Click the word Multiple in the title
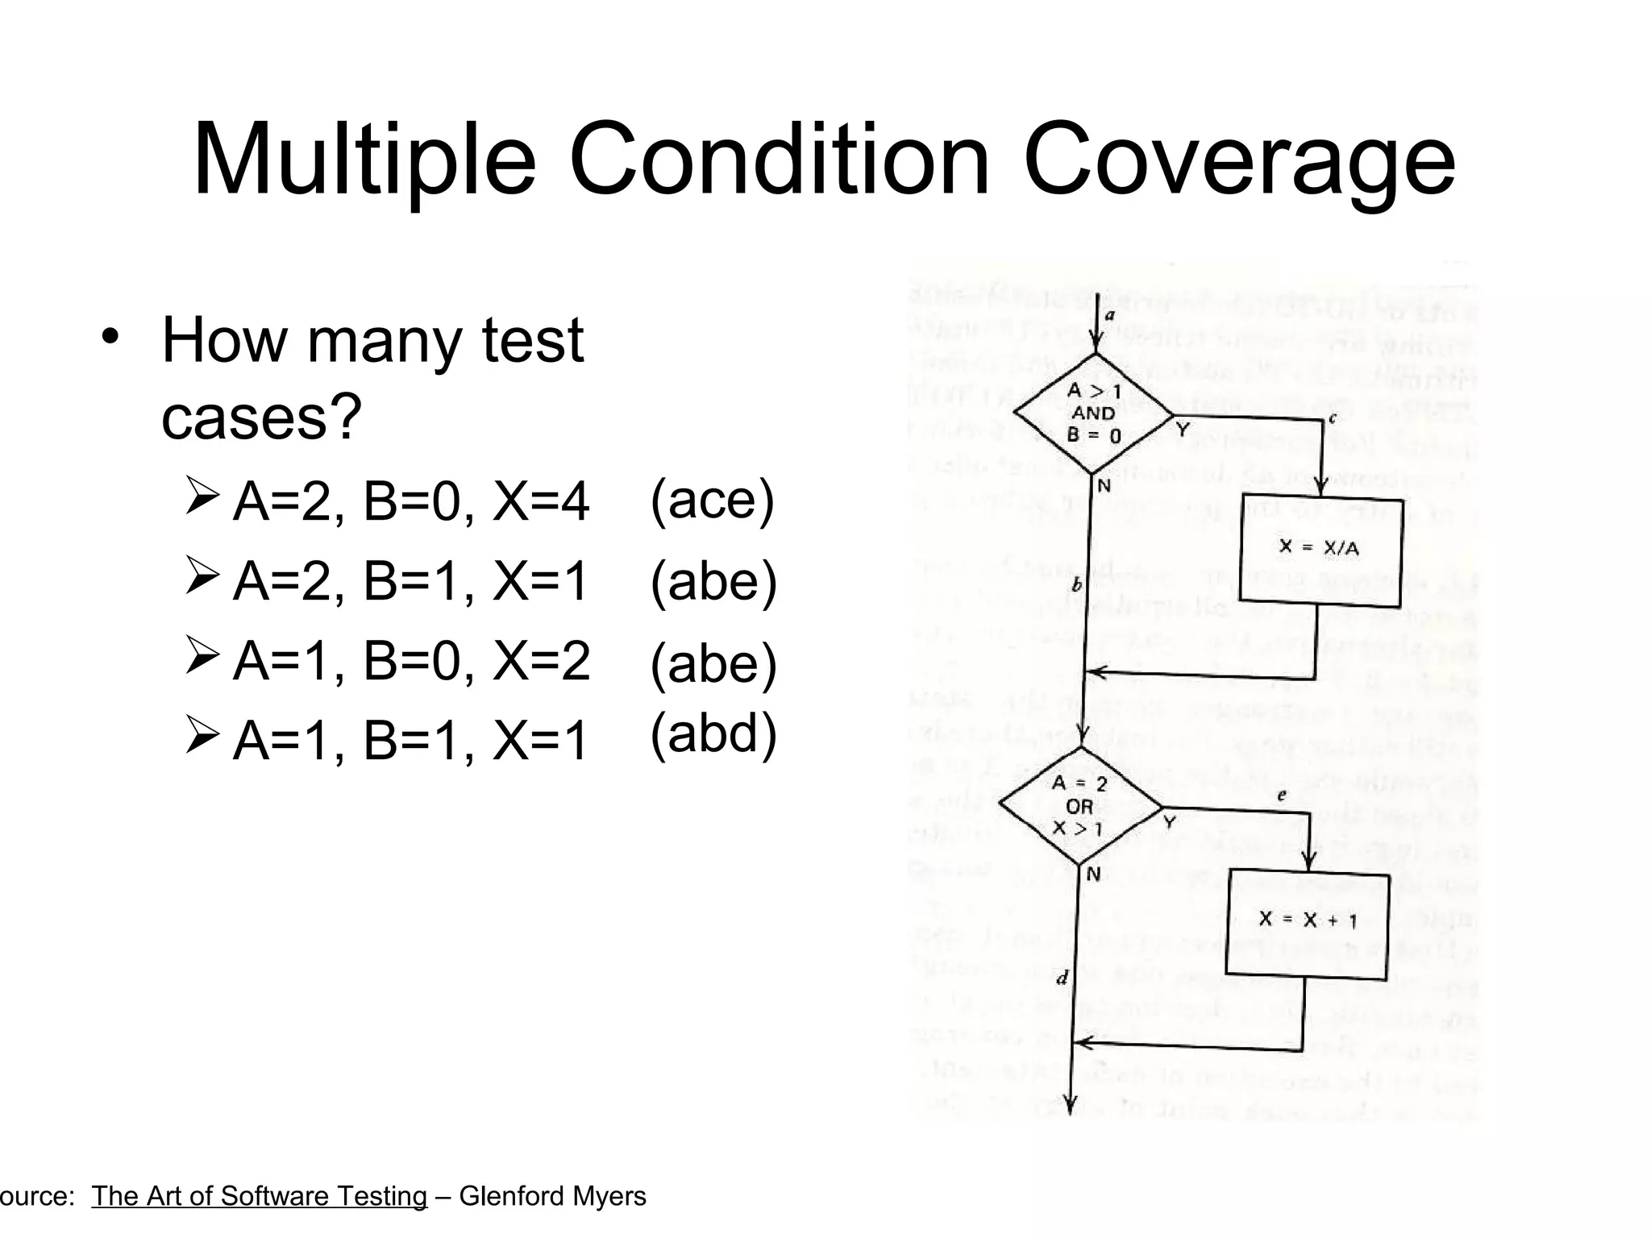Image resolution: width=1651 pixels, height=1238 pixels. [364, 160]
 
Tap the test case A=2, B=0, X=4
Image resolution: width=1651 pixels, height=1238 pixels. [410, 501]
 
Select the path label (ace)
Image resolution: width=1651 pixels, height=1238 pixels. [713, 500]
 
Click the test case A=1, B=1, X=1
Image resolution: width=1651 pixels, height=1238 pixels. [410, 740]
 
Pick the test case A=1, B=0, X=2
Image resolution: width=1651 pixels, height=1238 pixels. [410, 661]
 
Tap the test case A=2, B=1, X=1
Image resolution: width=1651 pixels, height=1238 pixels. [410, 580]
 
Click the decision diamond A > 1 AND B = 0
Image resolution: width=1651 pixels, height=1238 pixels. [1093, 413]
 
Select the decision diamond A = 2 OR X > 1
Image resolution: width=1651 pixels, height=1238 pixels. [1080, 806]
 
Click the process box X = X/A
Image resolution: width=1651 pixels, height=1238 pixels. [1320, 550]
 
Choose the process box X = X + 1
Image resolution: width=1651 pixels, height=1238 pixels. [1307, 920]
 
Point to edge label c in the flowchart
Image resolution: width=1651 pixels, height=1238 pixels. [1332, 418]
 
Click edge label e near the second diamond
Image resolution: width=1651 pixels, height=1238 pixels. [1282, 796]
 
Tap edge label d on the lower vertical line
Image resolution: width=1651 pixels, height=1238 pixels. [1062, 978]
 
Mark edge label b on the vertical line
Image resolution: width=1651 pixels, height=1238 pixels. [1076, 585]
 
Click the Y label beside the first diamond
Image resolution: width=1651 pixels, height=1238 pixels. [1183, 430]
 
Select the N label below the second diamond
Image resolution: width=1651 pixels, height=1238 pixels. [1093, 874]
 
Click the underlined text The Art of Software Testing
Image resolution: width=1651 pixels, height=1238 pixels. [259, 1196]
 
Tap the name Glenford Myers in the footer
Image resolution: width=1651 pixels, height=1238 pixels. [552, 1196]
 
